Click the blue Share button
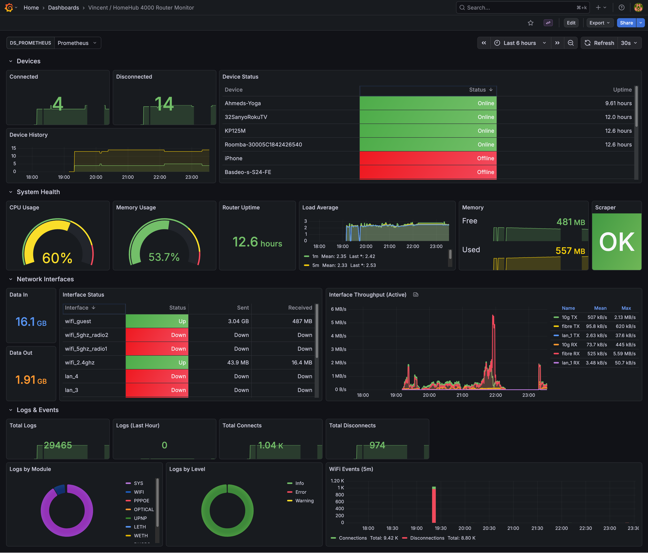[626, 23]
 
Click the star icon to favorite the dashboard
[530, 23]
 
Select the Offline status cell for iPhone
[428, 158]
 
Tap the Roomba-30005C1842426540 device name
[263, 145]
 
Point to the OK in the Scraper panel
[616, 242]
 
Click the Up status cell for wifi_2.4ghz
[157, 363]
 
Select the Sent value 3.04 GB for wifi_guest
[238, 321]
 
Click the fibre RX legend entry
[570, 353]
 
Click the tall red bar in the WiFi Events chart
[434, 505]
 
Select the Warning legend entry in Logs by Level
[304, 501]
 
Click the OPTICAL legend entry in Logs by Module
[144, 510]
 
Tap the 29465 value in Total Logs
[58, 445]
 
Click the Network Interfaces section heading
[45, 279]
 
